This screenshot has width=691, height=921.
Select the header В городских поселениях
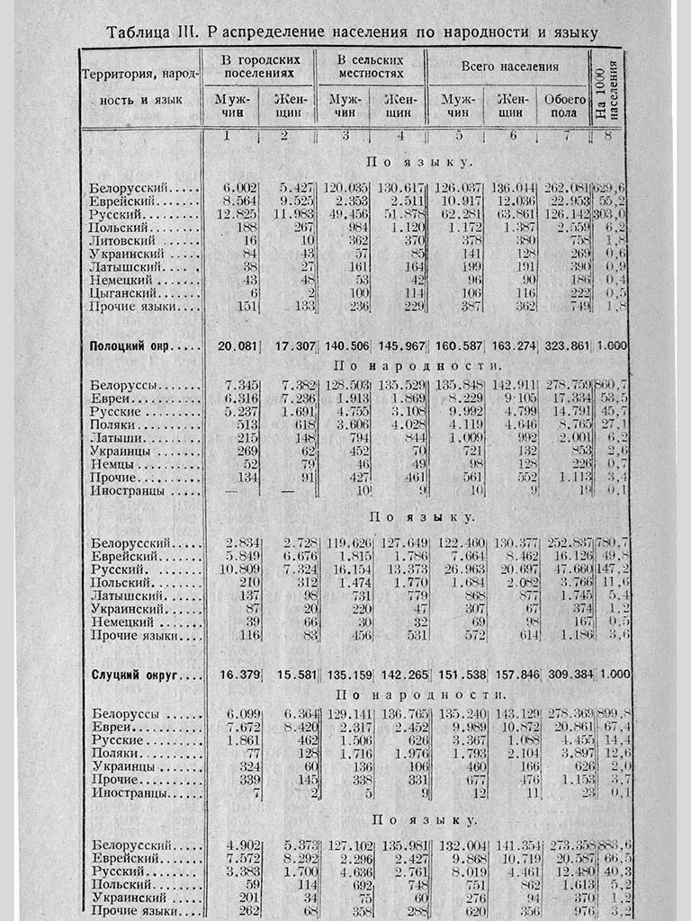tap(258, 66)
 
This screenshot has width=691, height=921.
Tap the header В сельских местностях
tap(370, 66)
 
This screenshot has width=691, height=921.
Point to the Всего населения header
tap(509, 67)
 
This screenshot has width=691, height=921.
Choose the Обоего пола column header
tap(561, 106)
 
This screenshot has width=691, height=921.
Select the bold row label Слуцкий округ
tap(145, 675)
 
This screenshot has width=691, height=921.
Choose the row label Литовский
tap(125, 240)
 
